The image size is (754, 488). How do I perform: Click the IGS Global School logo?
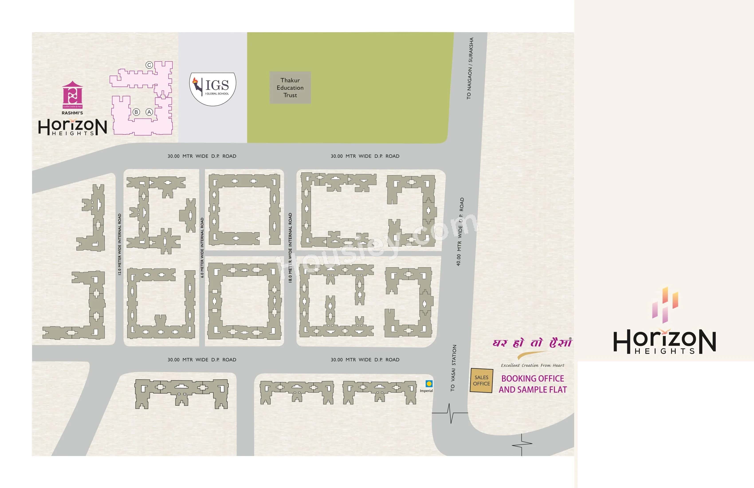coord(213,89)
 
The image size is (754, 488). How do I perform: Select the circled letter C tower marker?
coord(149,65)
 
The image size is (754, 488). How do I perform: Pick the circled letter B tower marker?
coord(136,112)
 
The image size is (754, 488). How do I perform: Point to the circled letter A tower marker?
coord(149,112)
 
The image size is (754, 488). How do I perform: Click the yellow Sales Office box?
coord(481,380)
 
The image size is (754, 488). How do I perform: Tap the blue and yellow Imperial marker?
coord(429,384)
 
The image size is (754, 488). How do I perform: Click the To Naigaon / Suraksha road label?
coord(470,68)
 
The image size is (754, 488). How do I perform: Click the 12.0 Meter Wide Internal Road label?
coord(120,244)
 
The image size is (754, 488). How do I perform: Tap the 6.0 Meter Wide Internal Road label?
coord(202,247)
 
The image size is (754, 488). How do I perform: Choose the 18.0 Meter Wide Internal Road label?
coord(290,247)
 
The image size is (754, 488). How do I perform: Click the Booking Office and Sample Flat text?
coord(532,384)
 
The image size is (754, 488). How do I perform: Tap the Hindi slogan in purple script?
coord(532,343)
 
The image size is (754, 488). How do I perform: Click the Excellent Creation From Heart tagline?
coord(532,365)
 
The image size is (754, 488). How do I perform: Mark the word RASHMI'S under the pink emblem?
coord(72,113)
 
